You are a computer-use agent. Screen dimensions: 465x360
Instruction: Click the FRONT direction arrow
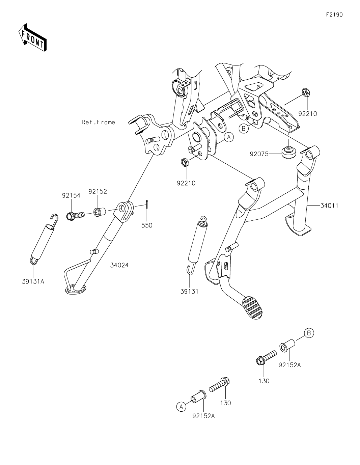point(32,37)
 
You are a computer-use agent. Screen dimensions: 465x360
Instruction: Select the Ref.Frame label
point(98,122)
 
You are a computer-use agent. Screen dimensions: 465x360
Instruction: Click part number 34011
point(329,206)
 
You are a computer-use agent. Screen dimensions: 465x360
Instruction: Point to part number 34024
point(119,265)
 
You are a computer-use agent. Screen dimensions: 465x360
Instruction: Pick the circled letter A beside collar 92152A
point(181,407)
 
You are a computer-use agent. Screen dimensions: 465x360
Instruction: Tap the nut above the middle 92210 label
point(185,163)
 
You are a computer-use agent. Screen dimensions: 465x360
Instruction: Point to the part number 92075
point(259,154)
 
